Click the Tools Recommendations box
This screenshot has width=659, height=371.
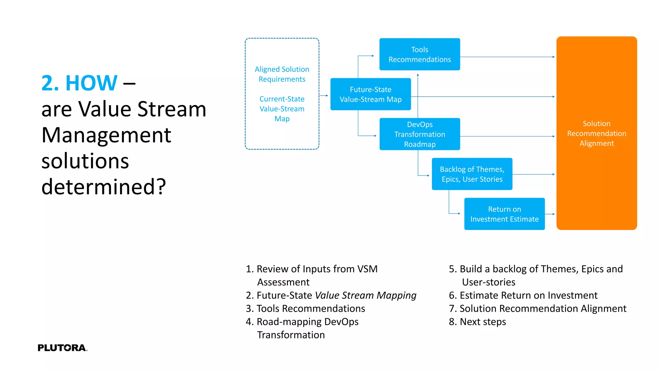(x=420, y=54)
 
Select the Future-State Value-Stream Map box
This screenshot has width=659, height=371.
(x=370, y=94)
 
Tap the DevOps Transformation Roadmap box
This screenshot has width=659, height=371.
(x=420, y=134)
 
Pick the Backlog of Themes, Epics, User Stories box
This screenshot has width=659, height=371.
(x=472, y=174)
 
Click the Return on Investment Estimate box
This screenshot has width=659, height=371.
(x=504, y=214)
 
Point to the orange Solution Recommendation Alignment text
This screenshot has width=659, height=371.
(x=597, y=133)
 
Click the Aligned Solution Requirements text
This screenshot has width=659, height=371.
(x=282, y=74)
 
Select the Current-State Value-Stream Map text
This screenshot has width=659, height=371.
(x=282, y=109)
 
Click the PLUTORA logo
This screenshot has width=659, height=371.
(x=62, y=348)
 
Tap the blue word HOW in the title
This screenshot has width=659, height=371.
(x=91, y=83)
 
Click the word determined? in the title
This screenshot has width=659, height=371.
(x=104, y=187)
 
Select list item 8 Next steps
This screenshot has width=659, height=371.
(x=477, y=322)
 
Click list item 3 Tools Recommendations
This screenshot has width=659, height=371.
(x=305, y=309)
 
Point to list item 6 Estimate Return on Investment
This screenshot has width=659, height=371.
(x=523, y=295)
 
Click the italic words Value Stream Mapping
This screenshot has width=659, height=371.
(x=366, y=295)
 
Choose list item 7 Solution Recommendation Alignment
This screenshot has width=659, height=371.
(x=537, y=309)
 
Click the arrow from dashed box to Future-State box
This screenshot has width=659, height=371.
(x=324, y=96)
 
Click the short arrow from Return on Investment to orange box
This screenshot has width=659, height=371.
(x=550, y=214)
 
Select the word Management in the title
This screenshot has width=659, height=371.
(x=106, y=135)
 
